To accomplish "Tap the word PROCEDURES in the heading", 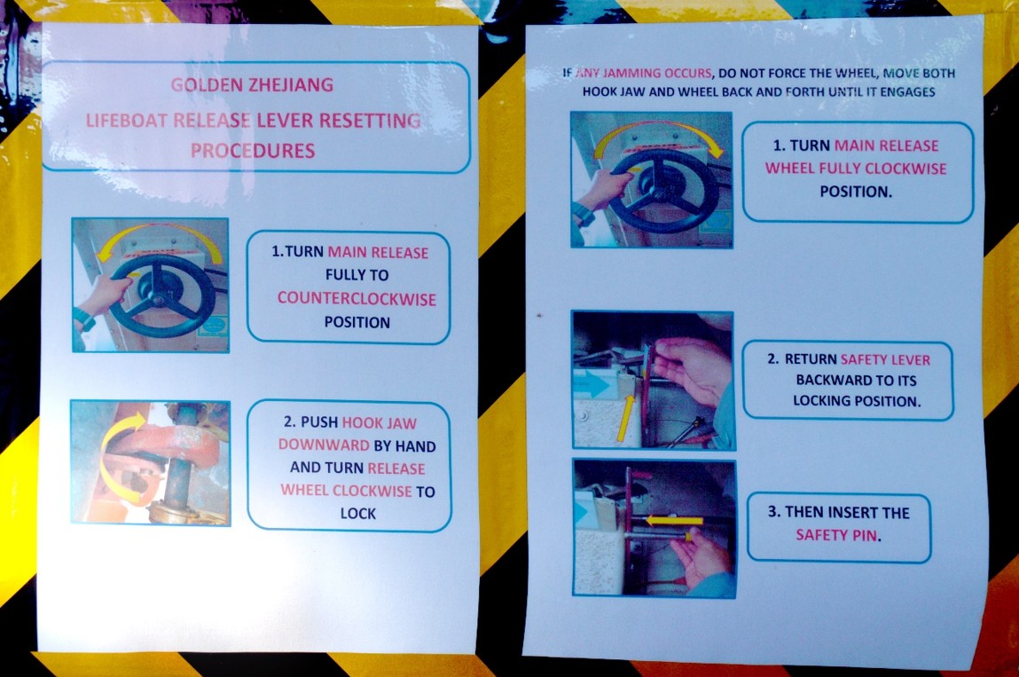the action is pos(253,151).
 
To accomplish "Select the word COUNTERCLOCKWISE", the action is pos(357,298).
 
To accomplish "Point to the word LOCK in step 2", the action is pos(358,514).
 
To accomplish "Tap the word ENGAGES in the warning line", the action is pos(908,91).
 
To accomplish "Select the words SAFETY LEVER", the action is pos(885,359).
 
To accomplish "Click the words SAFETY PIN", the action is pos(837,535).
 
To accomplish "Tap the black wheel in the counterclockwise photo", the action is pos(162,295).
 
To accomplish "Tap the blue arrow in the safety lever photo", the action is pos(592,384).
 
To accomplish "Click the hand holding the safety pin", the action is pos(702,556).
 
